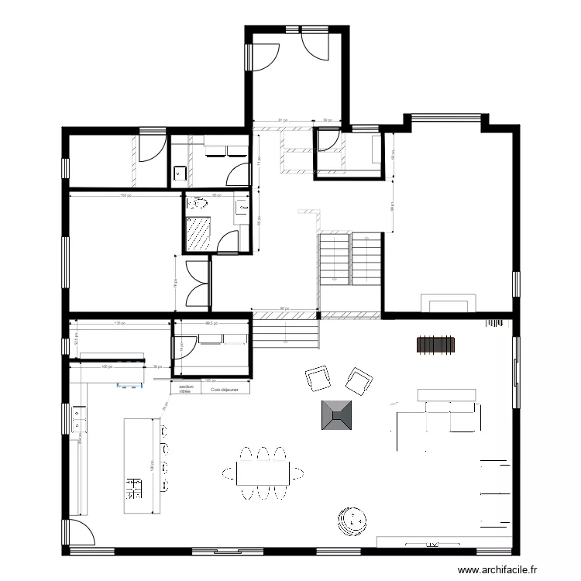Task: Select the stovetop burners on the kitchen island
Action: [x=134, y=488]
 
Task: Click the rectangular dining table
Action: [x=263, y=472]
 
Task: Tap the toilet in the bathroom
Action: [x=199, y=205]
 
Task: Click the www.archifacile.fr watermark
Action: [x=497, y=570]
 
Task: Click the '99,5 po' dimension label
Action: [x=210, y=324]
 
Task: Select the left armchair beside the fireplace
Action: [x=318, y=380]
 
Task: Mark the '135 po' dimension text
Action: [x=119, y=323]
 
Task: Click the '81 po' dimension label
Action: [x=282, y=121]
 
